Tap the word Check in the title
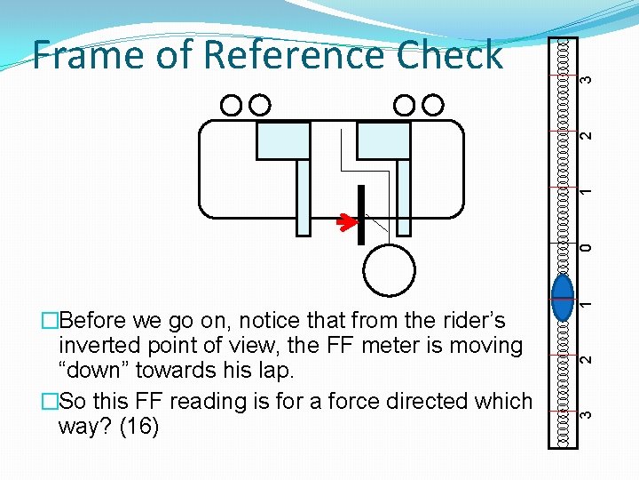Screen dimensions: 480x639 click(449, 55)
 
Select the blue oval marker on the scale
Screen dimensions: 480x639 click(563, 298)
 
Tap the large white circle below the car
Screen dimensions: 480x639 click(389, 270)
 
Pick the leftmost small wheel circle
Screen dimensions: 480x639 click(231, 106)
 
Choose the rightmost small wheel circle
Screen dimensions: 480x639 click(433, 106)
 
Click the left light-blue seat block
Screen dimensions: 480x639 click(283, 140)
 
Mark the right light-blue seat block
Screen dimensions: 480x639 click(383, 140)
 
